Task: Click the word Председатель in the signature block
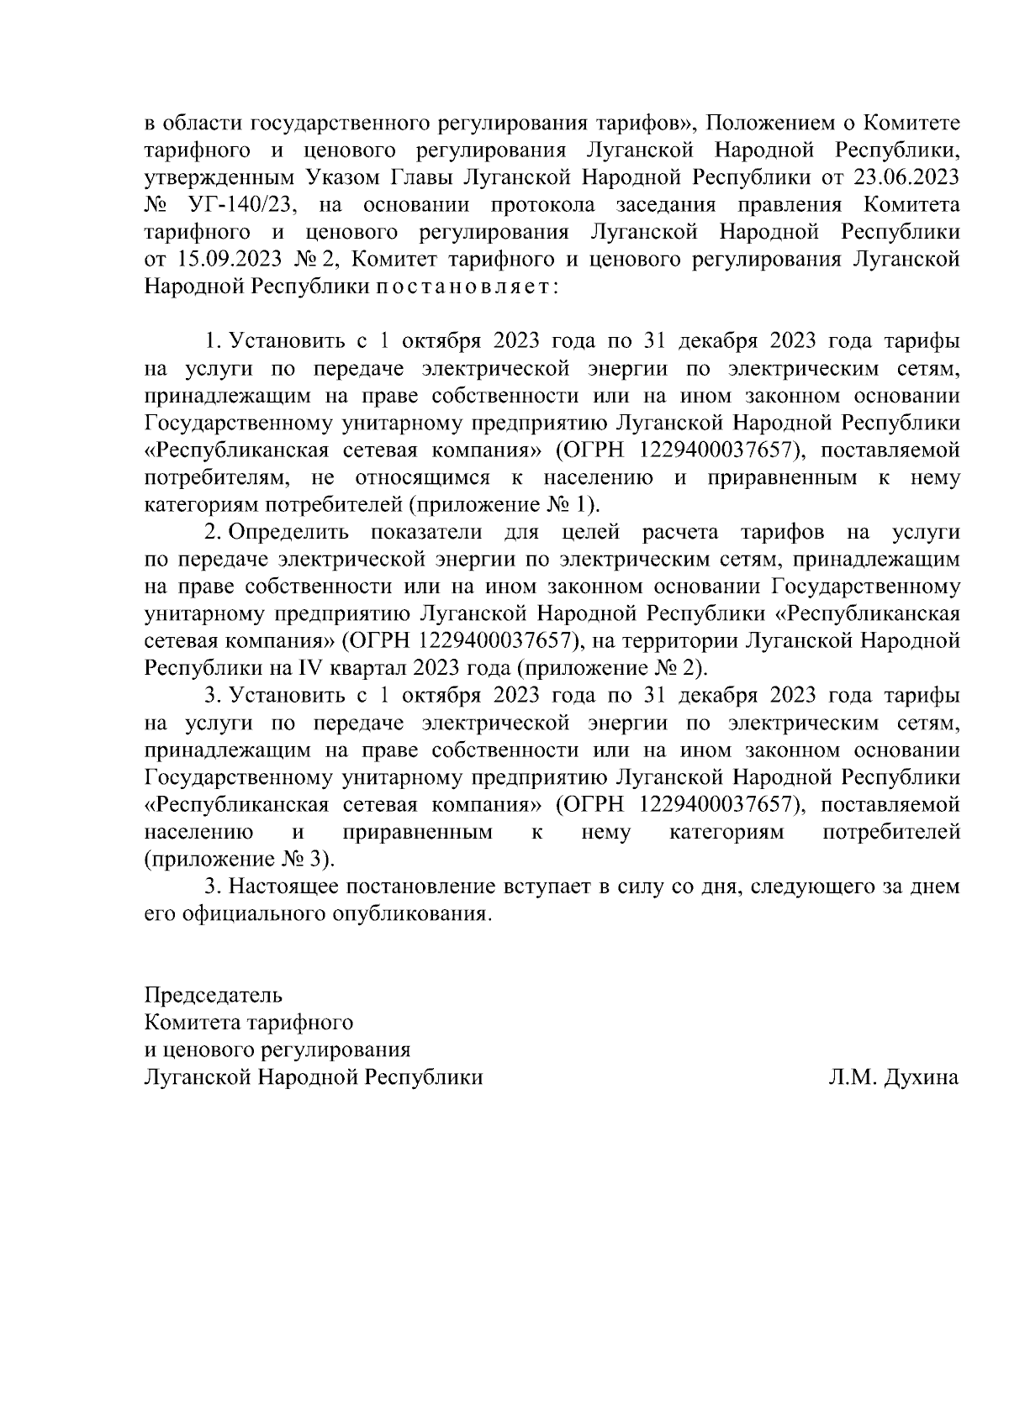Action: pyautogui.click(x=214, y=996)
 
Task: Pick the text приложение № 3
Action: pyautogui.click(x=238, y=860)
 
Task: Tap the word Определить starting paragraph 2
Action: pyautogui.click(x=283, y=532)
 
